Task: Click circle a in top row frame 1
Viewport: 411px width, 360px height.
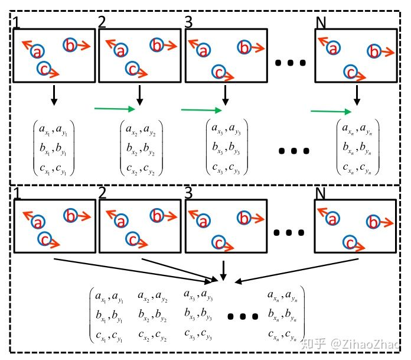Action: click(38, 51)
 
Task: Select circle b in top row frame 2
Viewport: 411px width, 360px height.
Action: click(156, 45)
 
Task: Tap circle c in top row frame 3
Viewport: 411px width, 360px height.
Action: click(218, 72)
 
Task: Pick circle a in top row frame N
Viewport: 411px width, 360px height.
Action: click(333, 48)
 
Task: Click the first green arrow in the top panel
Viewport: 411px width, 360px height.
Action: click(115, 108)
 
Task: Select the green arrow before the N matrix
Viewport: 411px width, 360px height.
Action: click(331, 111)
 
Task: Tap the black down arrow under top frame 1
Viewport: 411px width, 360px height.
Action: click(54, 95)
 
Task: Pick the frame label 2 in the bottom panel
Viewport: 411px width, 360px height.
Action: click(103, 193)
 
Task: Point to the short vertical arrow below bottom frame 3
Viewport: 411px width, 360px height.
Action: click(223, 270)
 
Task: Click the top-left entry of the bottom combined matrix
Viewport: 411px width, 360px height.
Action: click(109, 296)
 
